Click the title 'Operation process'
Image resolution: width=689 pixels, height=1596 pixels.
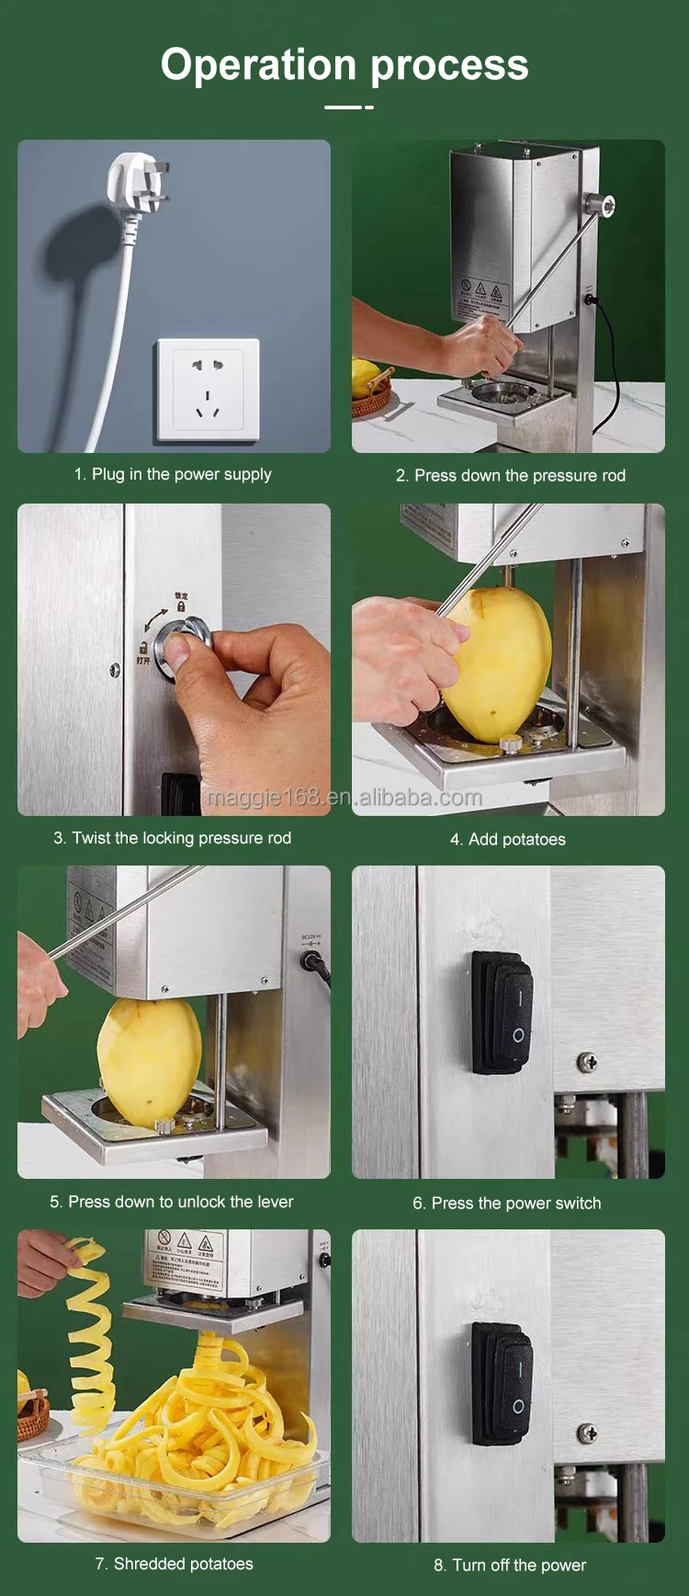(344, 65)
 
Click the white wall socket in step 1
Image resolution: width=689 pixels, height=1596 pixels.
(208, 390)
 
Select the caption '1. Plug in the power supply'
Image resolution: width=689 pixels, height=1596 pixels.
(173, 474)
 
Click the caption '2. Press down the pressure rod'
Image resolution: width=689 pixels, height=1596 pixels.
(510, 475)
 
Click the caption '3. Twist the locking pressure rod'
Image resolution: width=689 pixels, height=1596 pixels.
(172, 838)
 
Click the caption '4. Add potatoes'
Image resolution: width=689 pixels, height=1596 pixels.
(507, 839)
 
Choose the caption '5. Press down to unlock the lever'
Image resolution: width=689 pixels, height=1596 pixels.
(172, 1202)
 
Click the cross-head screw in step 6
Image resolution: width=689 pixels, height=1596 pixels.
(587, 1062)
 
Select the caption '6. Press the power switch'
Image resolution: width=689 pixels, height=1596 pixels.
(506, 1203)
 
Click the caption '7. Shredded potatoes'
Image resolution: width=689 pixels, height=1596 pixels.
(174, 1564)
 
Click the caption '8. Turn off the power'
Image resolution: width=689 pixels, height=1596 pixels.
(509, 1565)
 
